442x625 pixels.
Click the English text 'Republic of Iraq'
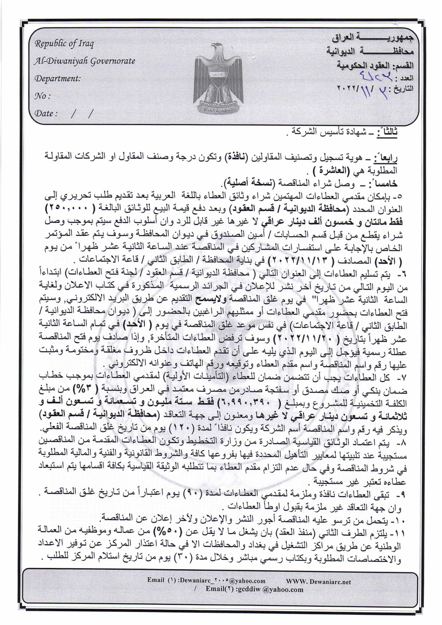tap(64, 44)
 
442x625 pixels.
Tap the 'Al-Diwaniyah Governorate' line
tap(84, 61)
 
